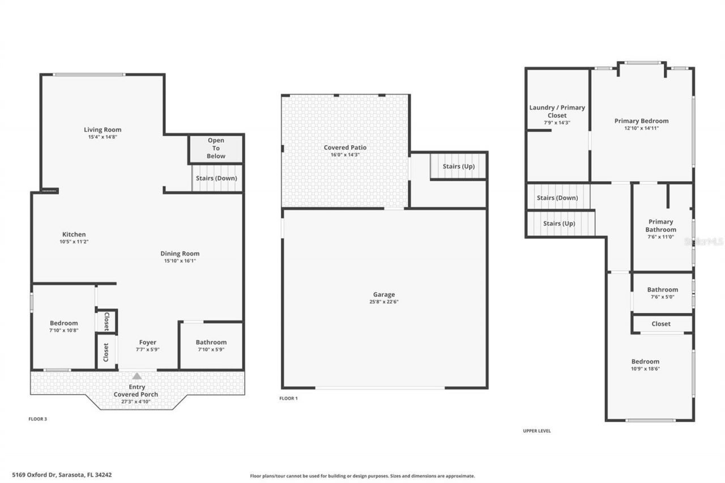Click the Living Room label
[103, 130]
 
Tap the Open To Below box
[216, 148]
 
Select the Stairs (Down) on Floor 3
[216, 178]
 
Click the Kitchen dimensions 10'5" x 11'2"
[74, 242]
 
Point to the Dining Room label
[180, 254]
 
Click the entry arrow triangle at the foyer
[137, 376]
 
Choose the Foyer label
[148, 343]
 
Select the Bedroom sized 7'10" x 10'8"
[63, 327]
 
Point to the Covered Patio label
[345, 148]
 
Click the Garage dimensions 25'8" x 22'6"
[384, 302]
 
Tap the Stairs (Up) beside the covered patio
[458, 166]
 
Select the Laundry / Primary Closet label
[557, 112]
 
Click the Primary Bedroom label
[641, 121]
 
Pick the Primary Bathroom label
[660, 225]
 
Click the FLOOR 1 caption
[288, 399]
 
